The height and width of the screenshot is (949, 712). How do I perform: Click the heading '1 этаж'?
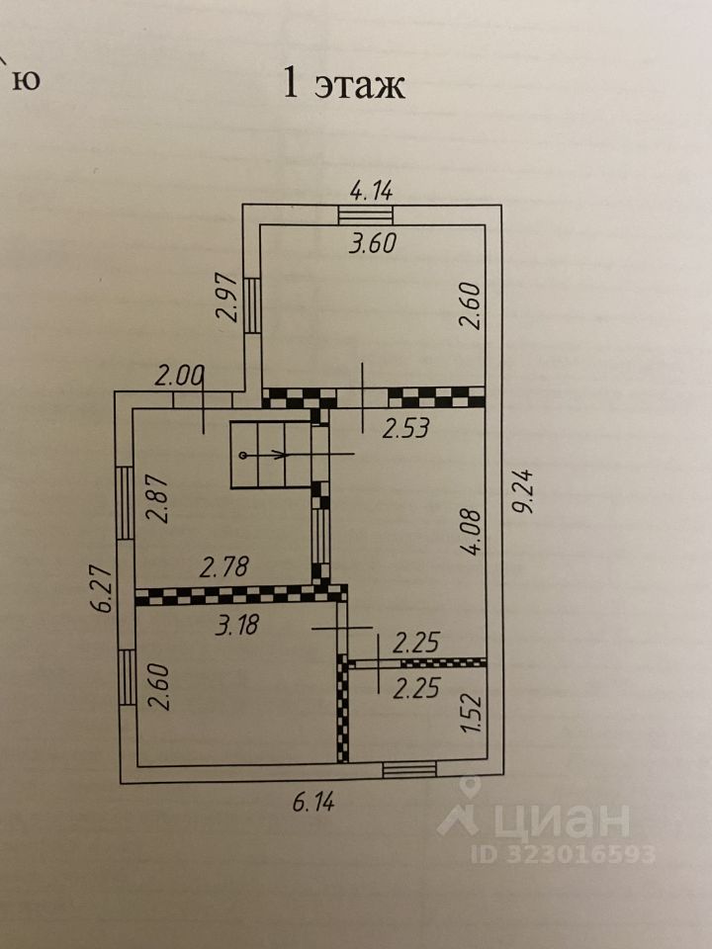[x=344, y=85]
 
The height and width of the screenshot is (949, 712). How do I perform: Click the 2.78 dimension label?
[x=228, y=567]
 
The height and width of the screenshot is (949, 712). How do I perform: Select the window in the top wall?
[x=366, y=214]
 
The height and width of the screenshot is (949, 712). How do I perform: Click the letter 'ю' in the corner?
[x=29, y=80]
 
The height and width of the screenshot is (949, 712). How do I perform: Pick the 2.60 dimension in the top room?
[x=470, y=307]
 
